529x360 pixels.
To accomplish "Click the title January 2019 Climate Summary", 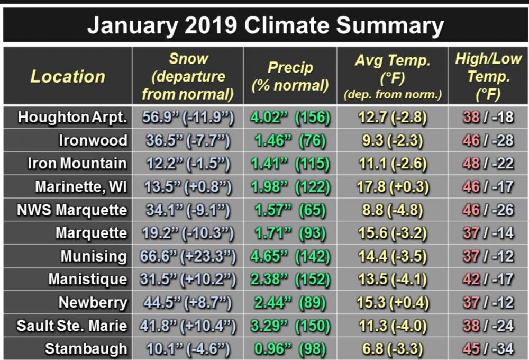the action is [x=265, y=25].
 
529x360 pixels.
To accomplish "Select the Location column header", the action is [x=68, y=76].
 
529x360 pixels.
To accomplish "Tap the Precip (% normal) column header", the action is [x=290, y=76].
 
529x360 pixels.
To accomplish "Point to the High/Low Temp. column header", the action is [x=488, y=76].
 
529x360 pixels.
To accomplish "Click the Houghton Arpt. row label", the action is [x=72, y=117].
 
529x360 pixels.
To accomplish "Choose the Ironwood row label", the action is [x=93, y=140].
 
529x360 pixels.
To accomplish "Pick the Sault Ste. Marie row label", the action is [x=72, y=326].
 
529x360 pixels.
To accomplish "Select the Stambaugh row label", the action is [x=86, y=349].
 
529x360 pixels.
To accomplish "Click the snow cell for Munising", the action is [x=188, y=256].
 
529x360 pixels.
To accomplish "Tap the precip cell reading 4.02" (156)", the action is [x=290, y=118].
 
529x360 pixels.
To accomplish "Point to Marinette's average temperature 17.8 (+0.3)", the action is [x=393, y=187].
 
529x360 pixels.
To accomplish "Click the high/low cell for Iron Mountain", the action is [x=488, y=164].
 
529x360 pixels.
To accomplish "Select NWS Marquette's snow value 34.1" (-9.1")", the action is [x=188, y=210].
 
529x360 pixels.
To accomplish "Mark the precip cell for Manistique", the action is [x=290, y=280].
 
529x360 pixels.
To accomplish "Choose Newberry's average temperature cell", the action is [x=393, y=303].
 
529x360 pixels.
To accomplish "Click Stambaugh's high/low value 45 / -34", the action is [x=488, y=349].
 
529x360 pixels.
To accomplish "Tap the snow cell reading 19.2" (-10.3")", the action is [x=188, y=233].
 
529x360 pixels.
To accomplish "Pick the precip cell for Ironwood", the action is [x=290, y=141].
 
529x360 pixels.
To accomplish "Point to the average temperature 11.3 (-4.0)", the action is [x=393, y=326].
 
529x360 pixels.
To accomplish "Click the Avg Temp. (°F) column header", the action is [x=393, y=77].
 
